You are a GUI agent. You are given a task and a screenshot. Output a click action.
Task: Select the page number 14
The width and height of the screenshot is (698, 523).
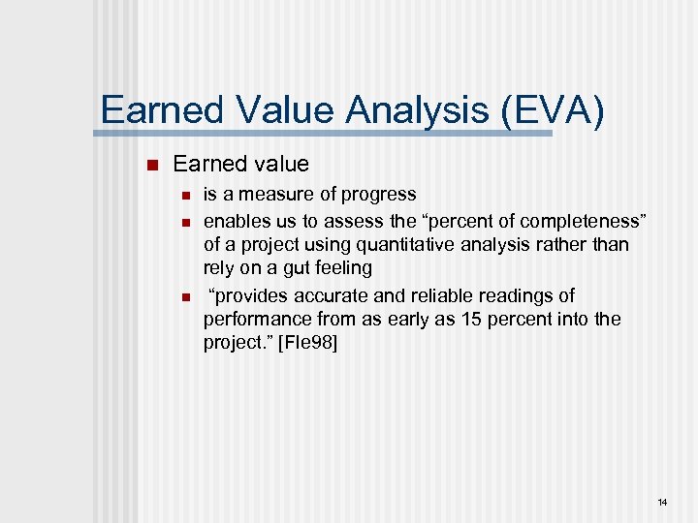662,502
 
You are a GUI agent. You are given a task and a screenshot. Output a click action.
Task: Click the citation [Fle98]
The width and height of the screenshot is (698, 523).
307,344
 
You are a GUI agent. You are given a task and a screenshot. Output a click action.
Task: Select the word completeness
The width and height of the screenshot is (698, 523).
573,219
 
